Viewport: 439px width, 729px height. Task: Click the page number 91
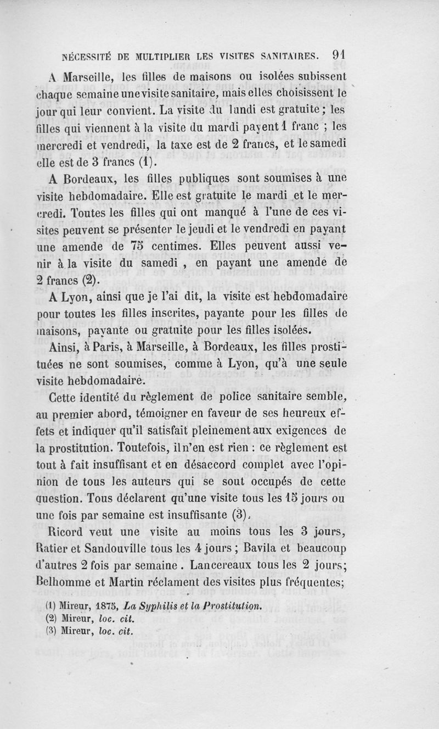click(x=338, y=55)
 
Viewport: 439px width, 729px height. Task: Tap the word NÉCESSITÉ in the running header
click(x=89, y=55)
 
